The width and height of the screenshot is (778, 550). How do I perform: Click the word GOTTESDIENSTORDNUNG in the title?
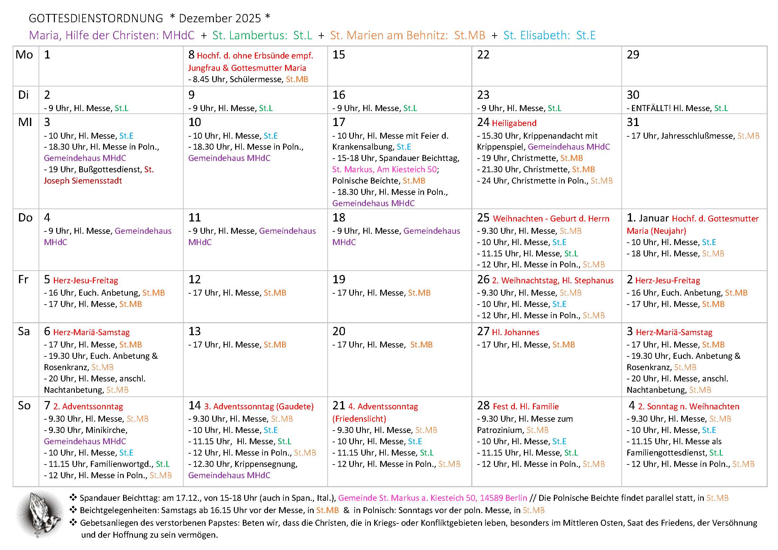(x=96, y=18)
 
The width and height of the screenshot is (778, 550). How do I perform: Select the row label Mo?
(x=24, y=55)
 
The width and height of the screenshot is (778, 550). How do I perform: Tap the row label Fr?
(x=23, y=280)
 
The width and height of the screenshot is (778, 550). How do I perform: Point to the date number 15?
(x=339, y=55)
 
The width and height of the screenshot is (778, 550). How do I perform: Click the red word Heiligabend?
(x=514, y=123)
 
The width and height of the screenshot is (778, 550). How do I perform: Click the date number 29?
(x=633, y=55)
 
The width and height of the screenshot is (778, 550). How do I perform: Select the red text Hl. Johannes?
(x=515, y=332)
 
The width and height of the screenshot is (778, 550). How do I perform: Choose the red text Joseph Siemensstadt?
(x=83, y=181)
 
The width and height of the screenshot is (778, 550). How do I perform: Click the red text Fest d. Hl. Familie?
(x=526, y=406)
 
